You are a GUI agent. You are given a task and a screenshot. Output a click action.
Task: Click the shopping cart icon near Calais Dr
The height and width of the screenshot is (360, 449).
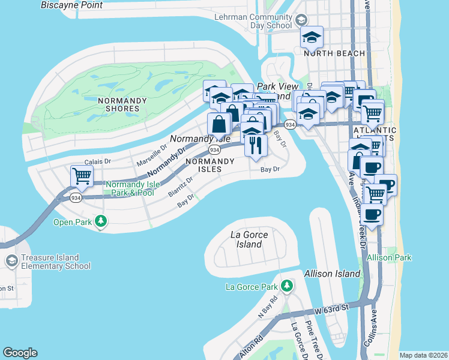point(82,176)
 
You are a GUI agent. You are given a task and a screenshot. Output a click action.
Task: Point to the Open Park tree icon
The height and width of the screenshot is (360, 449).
point(101,222)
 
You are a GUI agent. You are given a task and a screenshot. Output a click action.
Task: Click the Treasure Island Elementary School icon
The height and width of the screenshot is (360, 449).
point(11,261)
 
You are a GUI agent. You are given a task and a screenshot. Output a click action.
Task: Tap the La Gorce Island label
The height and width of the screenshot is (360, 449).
point(249,239)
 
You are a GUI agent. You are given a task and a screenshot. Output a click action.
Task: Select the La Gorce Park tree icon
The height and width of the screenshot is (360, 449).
point(288,285)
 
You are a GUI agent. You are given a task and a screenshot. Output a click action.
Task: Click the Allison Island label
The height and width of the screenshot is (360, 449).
point(332,274)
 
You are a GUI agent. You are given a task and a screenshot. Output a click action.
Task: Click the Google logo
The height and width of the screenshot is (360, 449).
point(20,353)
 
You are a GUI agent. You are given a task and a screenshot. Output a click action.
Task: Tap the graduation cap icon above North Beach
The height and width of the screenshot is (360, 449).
point(312,37)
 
